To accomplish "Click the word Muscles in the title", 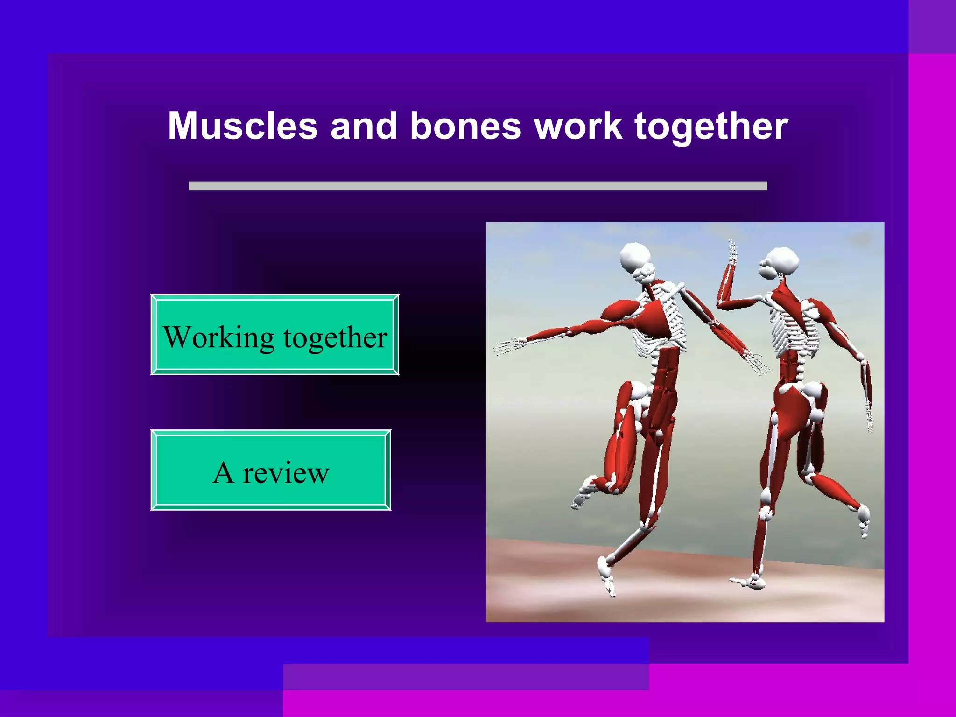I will point(242,126).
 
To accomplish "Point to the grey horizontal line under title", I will point(478,186).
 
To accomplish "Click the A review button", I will point(271,471).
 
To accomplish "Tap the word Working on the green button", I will point(218,337).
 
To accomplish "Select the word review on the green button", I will point(286,472).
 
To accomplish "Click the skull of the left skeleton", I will point(636,258).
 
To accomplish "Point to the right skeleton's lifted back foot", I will point(864,518).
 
